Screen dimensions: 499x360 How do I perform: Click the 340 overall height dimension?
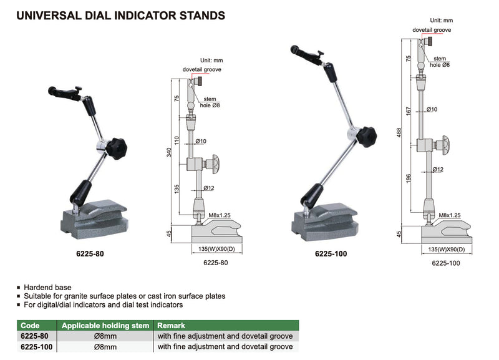click(169, 152)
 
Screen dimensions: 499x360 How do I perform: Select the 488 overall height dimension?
click(399, 132)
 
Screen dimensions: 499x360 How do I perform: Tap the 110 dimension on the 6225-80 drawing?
click(177, 140)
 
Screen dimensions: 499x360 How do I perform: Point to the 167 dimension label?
click(409, 111)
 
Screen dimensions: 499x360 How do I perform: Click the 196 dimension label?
click(409, 178)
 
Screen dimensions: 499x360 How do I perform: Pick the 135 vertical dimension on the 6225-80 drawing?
click(177, 189)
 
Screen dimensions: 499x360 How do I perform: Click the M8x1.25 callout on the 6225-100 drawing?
click(449, 215)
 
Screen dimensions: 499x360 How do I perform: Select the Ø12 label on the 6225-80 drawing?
click(209, 188)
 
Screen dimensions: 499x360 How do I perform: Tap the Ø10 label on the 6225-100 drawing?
click(432, 109)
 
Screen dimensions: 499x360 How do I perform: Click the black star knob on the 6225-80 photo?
click(117, 148)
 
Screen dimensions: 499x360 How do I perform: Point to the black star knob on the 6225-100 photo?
click(366, 137)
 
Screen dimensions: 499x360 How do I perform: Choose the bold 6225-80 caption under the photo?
click(90, 254)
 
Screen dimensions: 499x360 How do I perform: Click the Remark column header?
click(171, 325)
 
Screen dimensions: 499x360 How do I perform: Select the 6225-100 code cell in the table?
click(37, 347)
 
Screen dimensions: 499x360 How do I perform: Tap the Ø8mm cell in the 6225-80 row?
click(105, 336)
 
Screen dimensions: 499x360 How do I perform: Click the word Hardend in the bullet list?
click(37, 288)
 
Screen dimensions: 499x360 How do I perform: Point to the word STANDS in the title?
click(202, 16)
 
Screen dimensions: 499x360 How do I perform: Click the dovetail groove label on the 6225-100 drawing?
click(432, 30)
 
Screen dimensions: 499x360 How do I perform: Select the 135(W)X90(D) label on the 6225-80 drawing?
click(216, 248)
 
